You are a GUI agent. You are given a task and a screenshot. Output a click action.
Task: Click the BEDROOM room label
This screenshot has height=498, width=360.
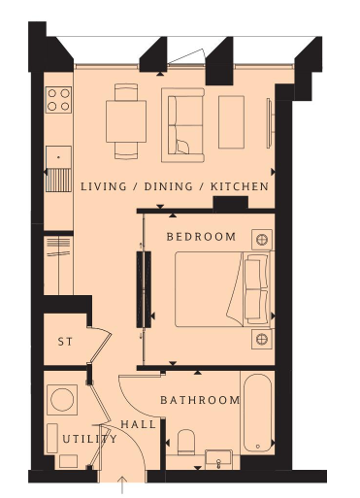pos(201,237)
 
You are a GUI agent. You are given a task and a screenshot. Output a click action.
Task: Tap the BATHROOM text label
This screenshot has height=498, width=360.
pos(200,400)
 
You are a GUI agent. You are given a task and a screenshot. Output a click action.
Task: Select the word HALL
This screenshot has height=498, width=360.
pos(139,424)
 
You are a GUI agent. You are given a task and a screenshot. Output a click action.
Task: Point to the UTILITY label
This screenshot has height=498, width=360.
pos(89,439)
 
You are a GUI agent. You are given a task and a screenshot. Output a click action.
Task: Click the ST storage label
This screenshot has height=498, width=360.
pos(65,342)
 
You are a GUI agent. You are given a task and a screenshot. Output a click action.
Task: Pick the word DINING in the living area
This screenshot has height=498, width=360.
pos(168,186)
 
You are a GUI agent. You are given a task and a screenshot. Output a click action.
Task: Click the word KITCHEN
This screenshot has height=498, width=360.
pos(240,186)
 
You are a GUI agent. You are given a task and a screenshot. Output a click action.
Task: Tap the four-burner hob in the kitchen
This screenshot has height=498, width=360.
pos(58,100)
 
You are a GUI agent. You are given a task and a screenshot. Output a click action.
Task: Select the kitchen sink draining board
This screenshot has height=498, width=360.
pos(58,180)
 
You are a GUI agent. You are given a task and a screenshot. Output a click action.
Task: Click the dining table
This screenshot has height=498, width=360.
pos(126,121)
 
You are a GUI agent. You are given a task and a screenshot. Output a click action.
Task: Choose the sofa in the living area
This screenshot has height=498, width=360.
pos(183,125)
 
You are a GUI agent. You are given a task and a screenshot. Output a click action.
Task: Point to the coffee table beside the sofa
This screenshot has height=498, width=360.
pos(231,122)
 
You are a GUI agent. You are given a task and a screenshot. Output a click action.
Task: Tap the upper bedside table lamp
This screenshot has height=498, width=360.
pos(262,240)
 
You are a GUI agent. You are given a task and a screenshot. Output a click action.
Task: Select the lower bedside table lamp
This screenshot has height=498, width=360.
pos(262,339)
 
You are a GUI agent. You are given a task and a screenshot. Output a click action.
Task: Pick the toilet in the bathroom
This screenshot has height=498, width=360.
pos(186,442)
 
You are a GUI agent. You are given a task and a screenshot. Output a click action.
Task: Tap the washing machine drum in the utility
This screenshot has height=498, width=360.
pos(62,400)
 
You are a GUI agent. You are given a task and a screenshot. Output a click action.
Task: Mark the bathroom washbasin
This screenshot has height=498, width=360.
pos(218,459)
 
